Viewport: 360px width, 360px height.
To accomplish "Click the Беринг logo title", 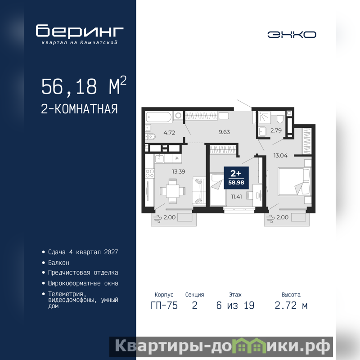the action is pos(80,31).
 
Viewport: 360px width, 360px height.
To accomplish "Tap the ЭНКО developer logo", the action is pos(292,35).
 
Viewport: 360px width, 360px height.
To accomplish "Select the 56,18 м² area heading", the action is pos(84,85).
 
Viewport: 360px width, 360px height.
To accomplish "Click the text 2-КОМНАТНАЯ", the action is pos(80,109).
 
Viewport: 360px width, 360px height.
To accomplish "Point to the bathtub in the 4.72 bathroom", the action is pos(159,117).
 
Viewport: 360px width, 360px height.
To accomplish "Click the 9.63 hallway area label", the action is pos(224,132).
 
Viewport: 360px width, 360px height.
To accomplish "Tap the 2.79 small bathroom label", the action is pos(276,130).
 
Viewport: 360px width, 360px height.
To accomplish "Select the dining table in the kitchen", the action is pos(173,191).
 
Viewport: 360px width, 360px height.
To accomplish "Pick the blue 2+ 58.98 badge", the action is pos(236,178).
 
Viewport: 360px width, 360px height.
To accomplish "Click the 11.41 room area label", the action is pos(236,197).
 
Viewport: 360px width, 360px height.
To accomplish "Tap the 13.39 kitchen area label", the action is pos(179,171).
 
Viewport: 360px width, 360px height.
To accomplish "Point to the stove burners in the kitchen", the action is pos(150,173).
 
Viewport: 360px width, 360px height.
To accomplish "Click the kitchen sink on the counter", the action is pos(159,158).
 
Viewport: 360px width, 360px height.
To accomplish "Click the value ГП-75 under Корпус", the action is pos(164,306).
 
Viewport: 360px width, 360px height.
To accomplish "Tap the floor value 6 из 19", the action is pos(235,306).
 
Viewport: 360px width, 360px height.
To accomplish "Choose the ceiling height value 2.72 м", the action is pos(291,306).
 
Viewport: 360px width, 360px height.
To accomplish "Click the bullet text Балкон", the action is pos(58,263).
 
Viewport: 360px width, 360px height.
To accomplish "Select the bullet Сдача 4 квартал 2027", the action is pos(83,252).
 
